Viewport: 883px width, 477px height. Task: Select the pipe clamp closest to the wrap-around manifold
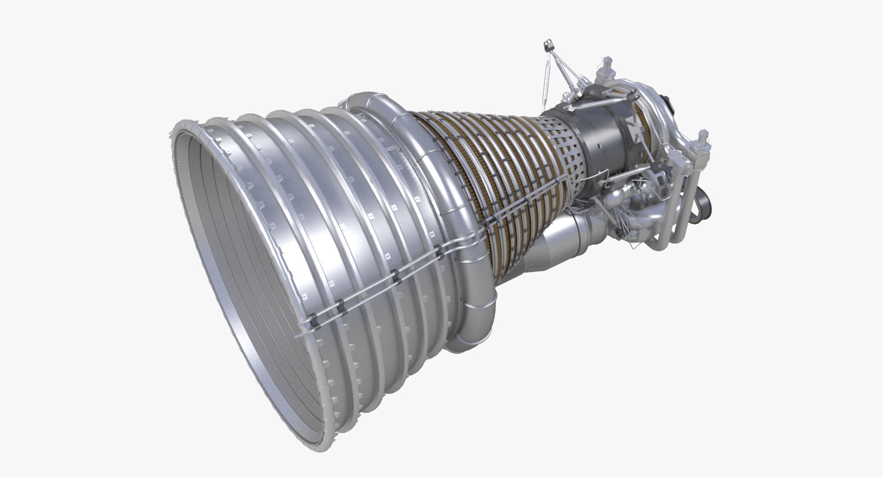(440, 251)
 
